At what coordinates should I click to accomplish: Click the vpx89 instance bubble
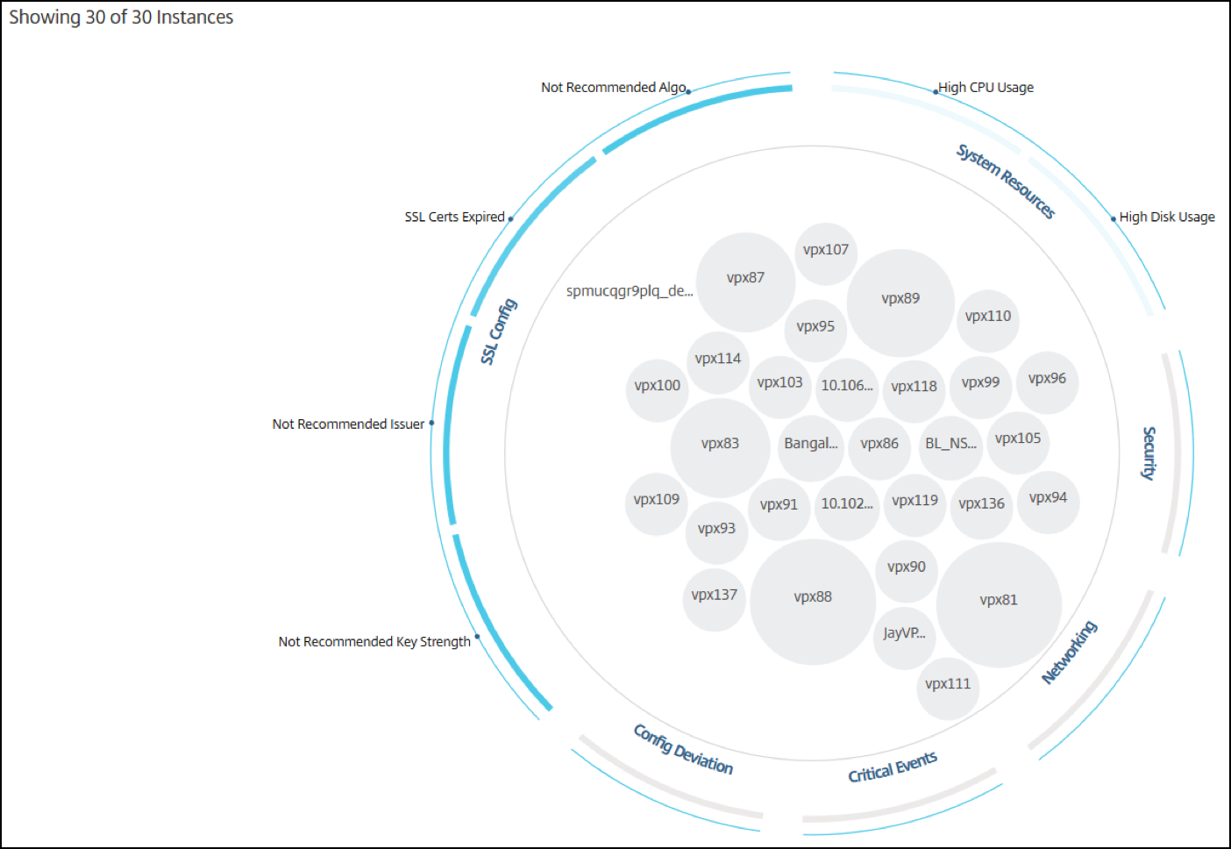pos(900,303)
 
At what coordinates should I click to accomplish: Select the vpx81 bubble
pos(999,605)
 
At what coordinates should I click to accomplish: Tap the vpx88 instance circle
pos(813,603)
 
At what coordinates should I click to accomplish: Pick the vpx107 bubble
pos(825,254)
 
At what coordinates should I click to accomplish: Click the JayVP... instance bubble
pos(904,638)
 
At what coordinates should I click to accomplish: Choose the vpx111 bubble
pos(948,688)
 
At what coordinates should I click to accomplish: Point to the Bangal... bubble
pos(811,448)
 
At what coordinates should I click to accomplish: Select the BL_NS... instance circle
pos(950,448)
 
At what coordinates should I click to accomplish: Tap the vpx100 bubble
pos(658,390)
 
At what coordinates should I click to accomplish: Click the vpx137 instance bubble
pos(715,599)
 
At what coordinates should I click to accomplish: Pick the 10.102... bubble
pos(847,508)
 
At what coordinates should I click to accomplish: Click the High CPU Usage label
pos(986,88)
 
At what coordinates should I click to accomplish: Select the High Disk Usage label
pos(1167,218)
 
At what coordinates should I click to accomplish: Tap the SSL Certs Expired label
pos(454,218)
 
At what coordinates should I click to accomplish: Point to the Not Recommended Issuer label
pos(348,424)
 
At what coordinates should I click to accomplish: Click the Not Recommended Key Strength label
pos(374,642)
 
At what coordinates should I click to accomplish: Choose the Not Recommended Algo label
pos(613,88)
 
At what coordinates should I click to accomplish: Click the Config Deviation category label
pos(683,750)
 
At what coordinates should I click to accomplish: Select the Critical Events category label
pos(893,767)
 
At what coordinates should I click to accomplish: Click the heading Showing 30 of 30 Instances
pos(121,18)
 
